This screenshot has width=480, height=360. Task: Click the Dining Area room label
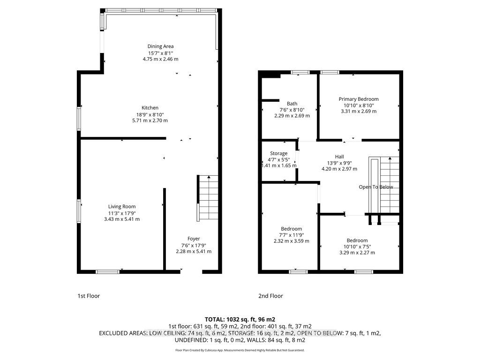pos(160,46)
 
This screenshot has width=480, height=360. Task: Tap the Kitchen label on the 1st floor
pos(150,108)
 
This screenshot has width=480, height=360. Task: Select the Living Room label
pos(122,207)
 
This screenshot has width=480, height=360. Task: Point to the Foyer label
pos(194,239)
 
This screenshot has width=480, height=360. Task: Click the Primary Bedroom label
pos(359,99)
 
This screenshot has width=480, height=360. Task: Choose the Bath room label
pos(292,104)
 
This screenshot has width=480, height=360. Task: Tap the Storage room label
pos(278,153)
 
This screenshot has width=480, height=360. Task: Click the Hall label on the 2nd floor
pos(339,157)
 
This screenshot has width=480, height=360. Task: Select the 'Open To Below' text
pos(376,187)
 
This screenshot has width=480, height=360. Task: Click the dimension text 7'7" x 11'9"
pos(292,235)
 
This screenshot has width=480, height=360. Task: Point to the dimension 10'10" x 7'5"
pos(357,247)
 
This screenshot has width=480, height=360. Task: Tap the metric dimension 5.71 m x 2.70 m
pos(150,120)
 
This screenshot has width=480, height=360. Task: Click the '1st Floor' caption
pos(89,296)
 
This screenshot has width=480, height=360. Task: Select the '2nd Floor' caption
pos(270,296)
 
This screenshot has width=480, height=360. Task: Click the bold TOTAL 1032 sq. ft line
pos(240,320)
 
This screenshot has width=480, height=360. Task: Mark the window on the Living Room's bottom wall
pos(108,271)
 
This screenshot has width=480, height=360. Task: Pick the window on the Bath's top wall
pos(300,73)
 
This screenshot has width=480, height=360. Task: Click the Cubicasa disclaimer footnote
pos(240,350)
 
